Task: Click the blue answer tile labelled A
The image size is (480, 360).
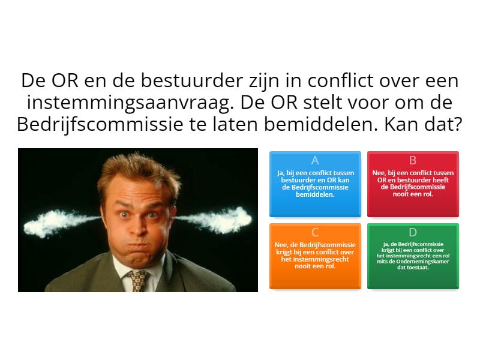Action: click(315, 184)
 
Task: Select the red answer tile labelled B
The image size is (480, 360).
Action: click(413, 184)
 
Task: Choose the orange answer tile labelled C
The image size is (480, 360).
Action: click(315, 256)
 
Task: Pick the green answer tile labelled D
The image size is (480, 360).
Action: click(413, 256)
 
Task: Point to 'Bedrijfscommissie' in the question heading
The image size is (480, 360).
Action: click(100, 125)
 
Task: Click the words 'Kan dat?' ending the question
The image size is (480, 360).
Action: click(423, 125)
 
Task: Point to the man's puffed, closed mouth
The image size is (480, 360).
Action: click(139, 245)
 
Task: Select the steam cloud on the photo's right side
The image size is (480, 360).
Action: click(214, 219)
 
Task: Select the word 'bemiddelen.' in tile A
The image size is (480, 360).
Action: click(315, 194)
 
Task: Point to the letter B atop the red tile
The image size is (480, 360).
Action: click(413, 160)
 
